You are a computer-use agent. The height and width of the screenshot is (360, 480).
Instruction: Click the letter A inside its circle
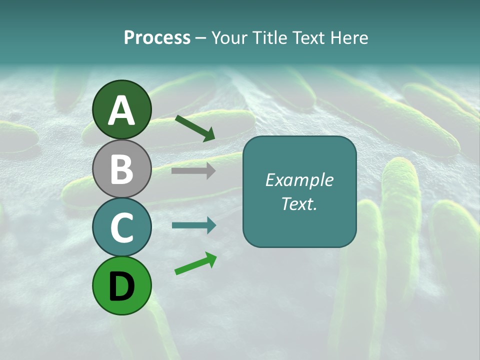122,110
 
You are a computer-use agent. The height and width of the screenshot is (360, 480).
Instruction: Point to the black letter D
122,286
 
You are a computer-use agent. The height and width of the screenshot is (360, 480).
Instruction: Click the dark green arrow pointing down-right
195,128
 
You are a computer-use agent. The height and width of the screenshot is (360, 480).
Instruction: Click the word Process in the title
157,38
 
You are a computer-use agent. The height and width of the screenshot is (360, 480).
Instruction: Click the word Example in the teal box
299,180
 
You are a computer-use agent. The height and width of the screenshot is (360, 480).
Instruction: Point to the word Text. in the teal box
299,203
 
